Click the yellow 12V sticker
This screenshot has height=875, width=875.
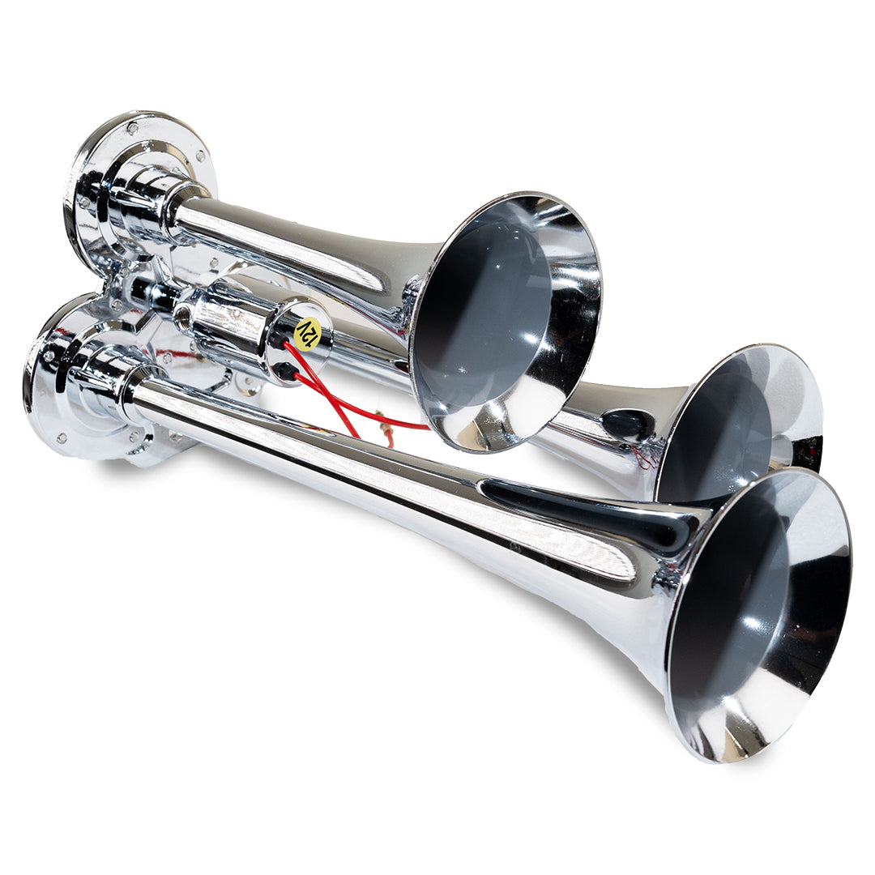(x=307, y=333)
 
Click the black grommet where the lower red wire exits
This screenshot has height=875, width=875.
(x=283, y=371)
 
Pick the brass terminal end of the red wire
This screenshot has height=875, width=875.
(x=387, y=438)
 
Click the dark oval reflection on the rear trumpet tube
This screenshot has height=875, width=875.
(x=628, y=423)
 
